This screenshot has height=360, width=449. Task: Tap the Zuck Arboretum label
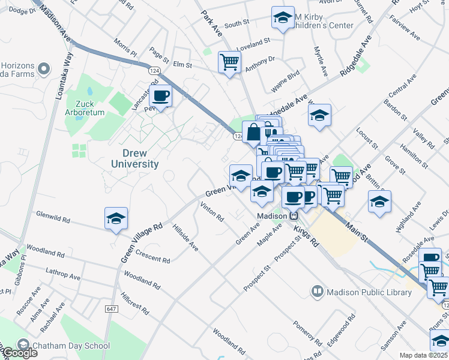86,107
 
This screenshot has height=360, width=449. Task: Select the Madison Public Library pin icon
317,292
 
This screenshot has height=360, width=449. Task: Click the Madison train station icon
294,216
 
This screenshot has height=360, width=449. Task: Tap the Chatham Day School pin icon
23,345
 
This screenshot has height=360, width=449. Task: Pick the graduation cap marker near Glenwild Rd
116,218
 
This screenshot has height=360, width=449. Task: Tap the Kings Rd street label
306,235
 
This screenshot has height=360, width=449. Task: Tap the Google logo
19,353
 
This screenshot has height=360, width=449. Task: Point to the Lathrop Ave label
62,274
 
